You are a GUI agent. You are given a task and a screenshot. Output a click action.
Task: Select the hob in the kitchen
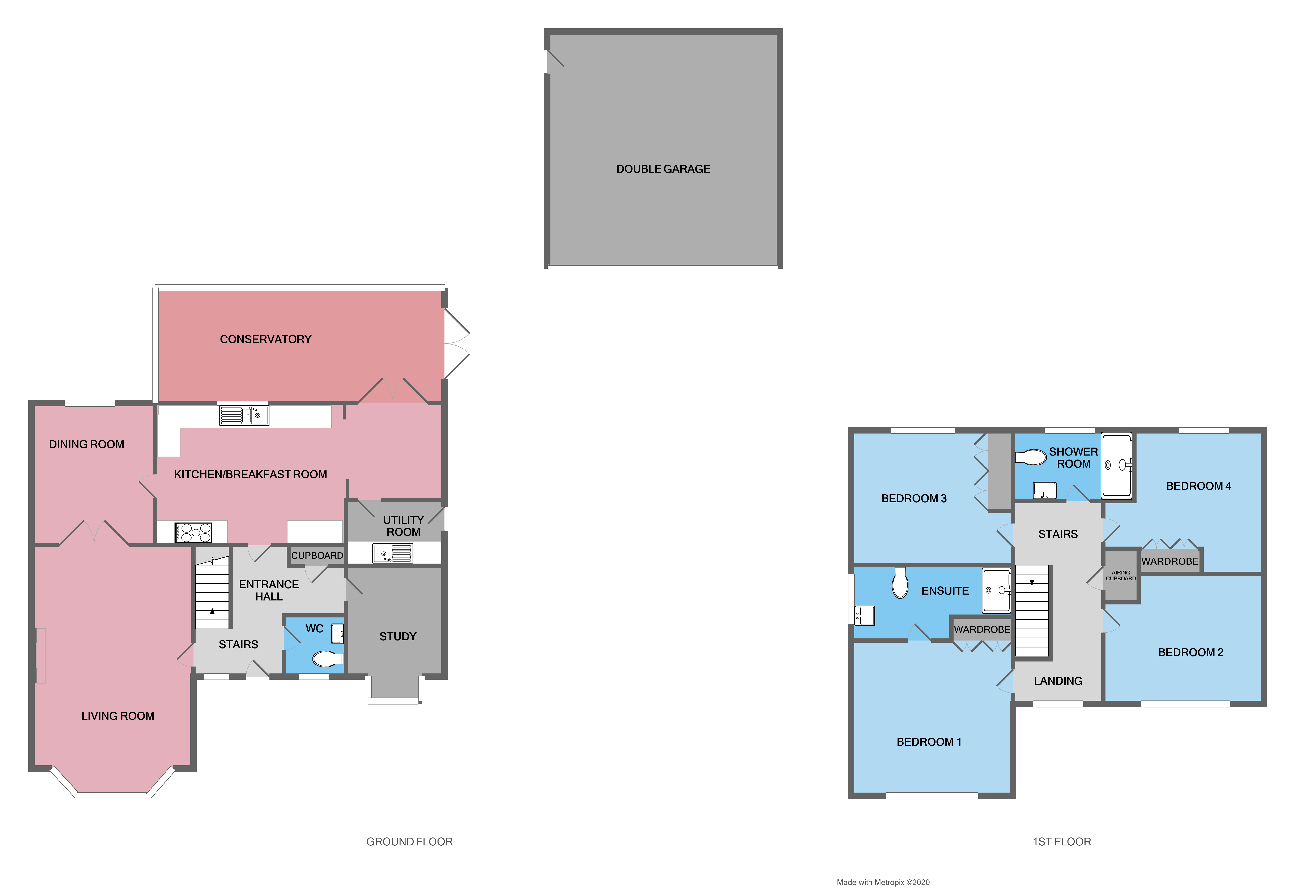coord(193,532)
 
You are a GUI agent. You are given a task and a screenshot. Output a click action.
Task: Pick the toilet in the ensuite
coord(900,583)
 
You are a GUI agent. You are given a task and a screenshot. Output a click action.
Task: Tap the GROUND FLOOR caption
coord(409,841)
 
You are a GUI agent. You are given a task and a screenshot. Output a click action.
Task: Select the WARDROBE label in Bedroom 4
coord(1169,561)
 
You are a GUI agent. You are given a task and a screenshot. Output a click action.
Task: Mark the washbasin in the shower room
coord(1044,490)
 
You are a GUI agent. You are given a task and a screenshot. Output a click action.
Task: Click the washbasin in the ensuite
coord(864,615)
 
